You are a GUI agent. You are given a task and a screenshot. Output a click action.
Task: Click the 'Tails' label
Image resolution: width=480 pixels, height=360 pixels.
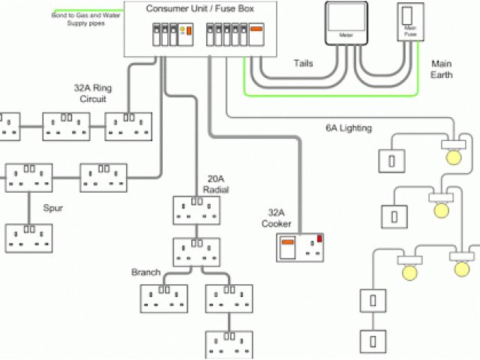(303, 64)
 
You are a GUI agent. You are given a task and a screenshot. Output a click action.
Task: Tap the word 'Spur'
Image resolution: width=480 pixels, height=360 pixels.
(53, 208)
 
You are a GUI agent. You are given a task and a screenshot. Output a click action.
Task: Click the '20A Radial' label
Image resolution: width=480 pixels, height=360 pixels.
(218, 184)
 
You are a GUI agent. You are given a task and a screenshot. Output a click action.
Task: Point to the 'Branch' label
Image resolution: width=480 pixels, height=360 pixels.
(145, 272)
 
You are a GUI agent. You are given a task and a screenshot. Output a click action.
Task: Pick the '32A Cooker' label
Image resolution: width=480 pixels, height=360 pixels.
(276, 217)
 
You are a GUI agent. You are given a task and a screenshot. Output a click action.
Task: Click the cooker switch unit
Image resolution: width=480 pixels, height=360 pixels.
(302, 247)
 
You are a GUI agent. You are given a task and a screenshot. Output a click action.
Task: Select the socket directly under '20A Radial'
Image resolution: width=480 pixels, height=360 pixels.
(196, 209)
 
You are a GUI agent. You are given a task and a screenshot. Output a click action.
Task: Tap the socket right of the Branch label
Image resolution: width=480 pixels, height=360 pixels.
(163, 297)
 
